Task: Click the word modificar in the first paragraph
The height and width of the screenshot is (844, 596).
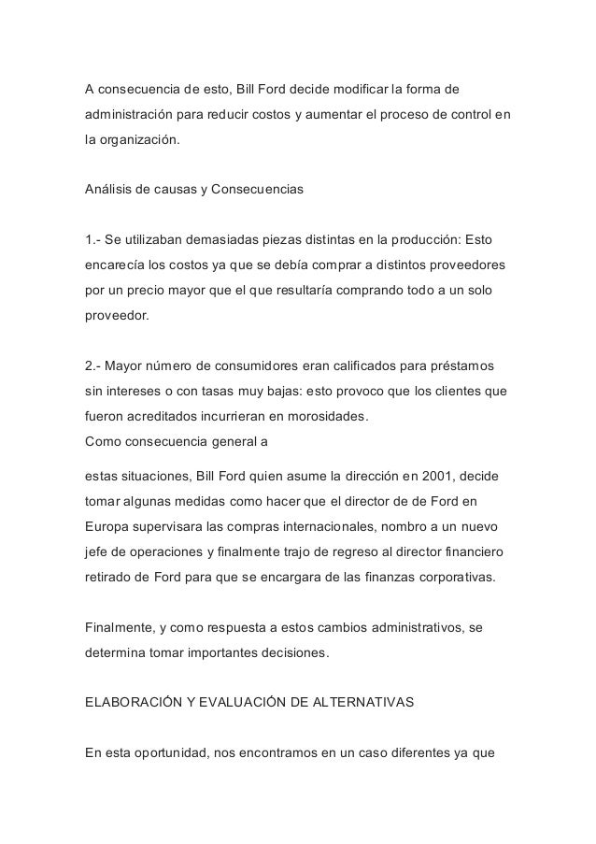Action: pos(348,90)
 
